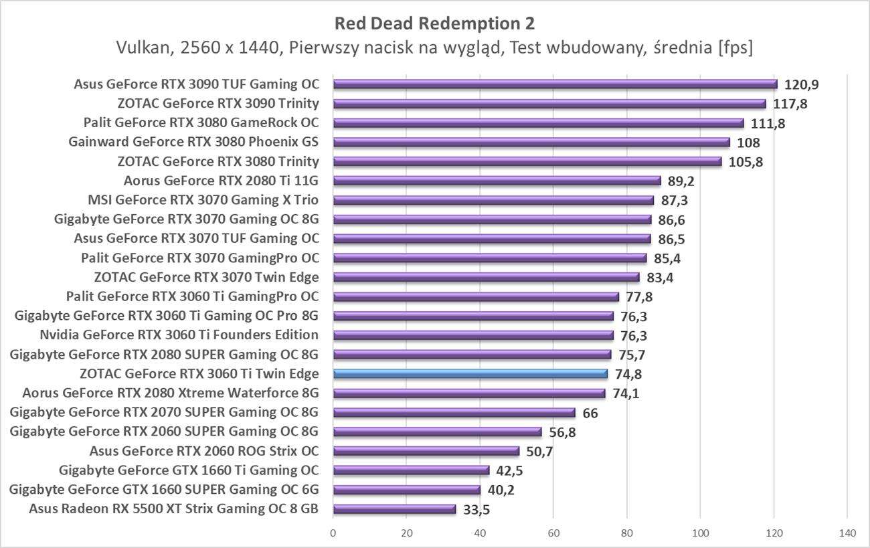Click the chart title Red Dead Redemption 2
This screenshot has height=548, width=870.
click(435, 23)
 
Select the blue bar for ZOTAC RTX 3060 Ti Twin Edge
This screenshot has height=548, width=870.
click(470, 374)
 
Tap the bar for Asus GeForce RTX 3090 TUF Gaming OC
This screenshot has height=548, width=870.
click(555, 84)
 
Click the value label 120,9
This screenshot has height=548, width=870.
click(802, 85)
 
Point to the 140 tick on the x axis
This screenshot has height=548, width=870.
click(847, 533)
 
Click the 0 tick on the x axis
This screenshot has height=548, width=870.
click(333, 533)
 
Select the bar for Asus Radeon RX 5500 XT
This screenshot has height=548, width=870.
click(394, 509)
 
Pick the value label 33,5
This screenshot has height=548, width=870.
click(476, 510)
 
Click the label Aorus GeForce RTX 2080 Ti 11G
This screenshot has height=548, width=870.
click(221, 181)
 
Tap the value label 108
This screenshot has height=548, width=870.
click(748, 143)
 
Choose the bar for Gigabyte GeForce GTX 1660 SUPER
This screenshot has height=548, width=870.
click(407, 490)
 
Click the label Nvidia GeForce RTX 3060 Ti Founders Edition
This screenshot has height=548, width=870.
click(179, 335)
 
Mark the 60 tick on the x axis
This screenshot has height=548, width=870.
click(553, 533)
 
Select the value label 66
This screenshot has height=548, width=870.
click(590, 414)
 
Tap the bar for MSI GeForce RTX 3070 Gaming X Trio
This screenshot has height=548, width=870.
click(493, 200)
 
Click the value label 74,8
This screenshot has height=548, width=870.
click(628, 375)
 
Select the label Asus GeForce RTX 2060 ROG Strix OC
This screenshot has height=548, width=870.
click(204, 451)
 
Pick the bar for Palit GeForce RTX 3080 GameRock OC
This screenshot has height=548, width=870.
click(538, 123)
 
